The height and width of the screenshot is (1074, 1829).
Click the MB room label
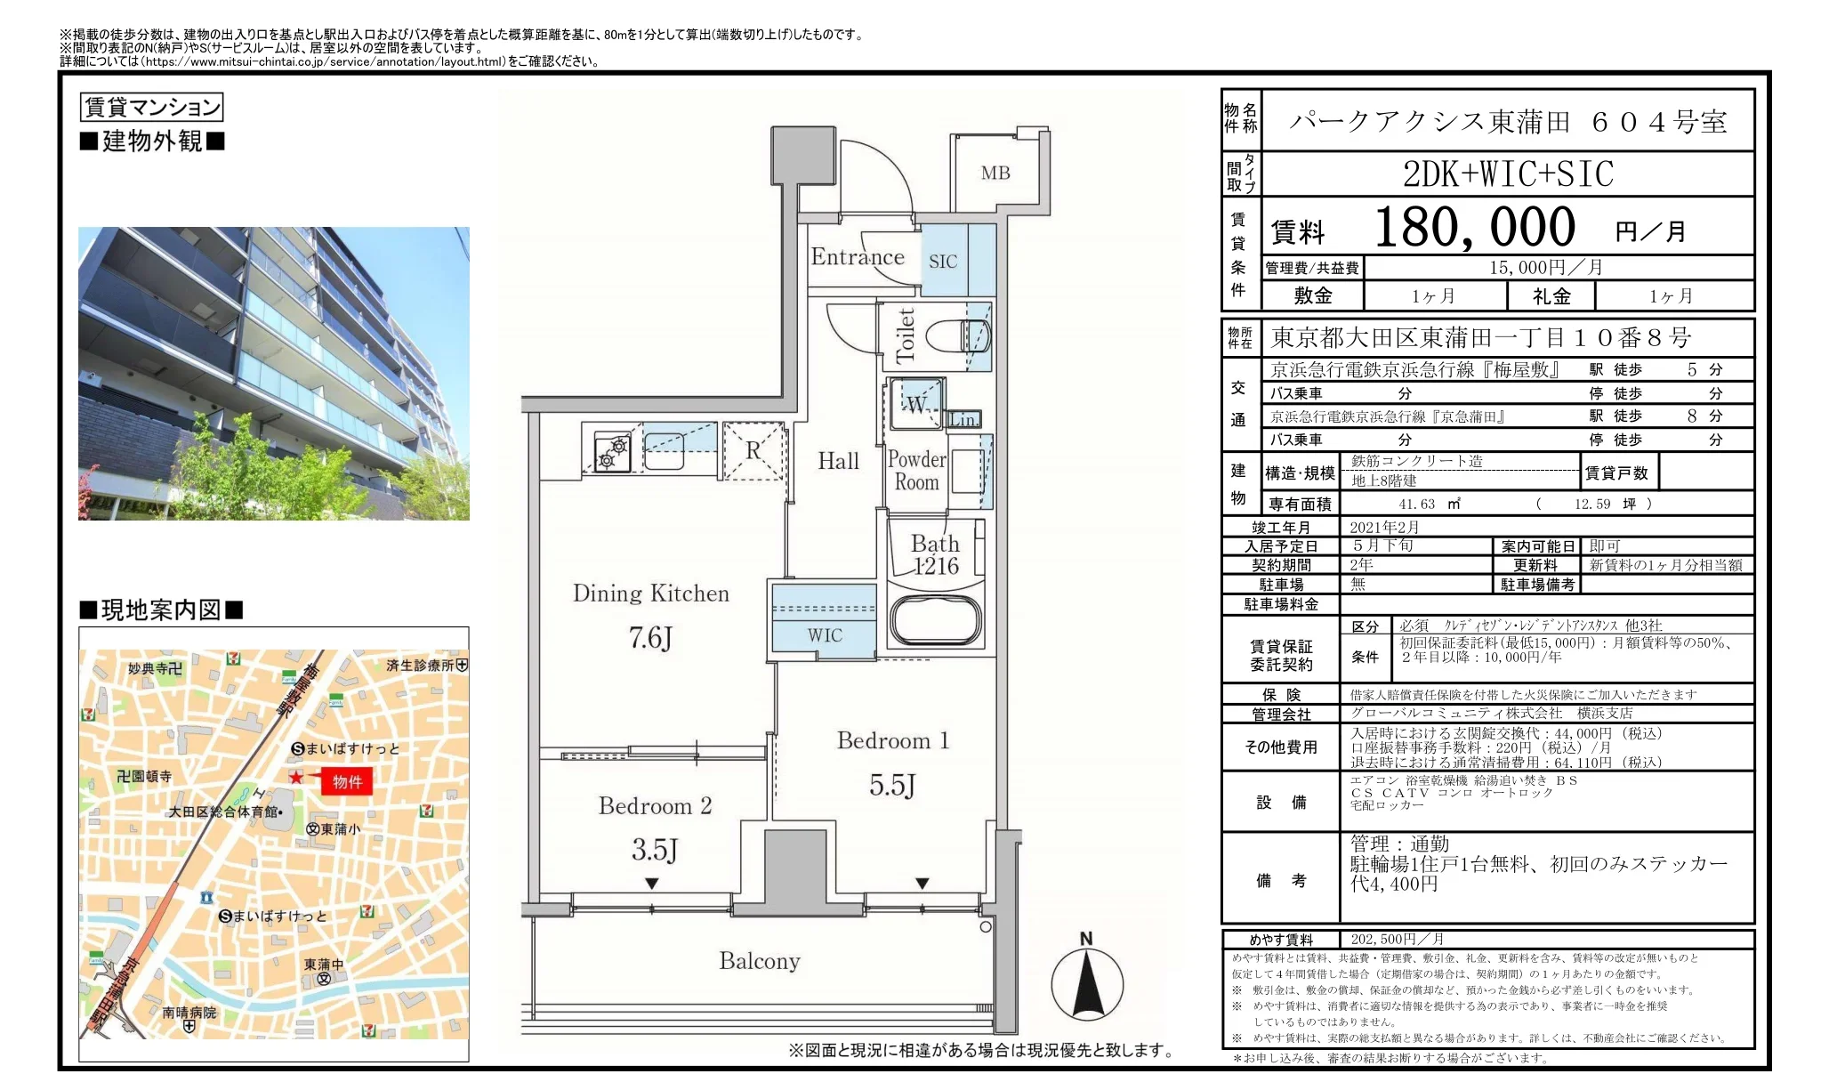click(995, 173)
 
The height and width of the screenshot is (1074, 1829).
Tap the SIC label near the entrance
click(943, 262)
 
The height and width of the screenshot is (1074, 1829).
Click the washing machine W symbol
click(916, 405)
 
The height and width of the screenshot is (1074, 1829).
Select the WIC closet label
click(825, 635)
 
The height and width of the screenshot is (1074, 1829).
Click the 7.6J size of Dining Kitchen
click(650, 637)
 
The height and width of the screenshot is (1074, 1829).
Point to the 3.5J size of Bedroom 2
click(655, 850)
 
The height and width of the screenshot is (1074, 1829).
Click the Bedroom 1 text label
click(893, 740)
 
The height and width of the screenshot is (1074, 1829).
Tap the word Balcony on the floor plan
click(760, 961)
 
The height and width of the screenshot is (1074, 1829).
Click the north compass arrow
click(1086, 985)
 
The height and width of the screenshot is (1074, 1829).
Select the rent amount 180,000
click(1475, 227)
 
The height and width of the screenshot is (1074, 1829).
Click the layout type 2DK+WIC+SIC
click(1508, 174)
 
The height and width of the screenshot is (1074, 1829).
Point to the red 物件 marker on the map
click(346, 781)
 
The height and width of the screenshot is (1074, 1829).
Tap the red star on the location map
click(296, 778)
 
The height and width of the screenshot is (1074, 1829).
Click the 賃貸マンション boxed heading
click(151, 108)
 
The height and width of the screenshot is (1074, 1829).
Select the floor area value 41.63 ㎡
click(1430, 504)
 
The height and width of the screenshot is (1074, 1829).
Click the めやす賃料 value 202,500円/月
click(1397, 939)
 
